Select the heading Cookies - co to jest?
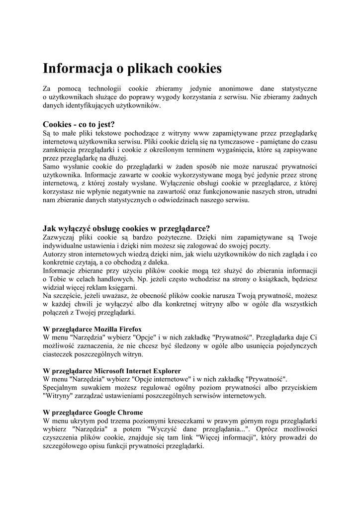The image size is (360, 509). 79,124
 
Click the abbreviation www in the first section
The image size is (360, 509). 203,133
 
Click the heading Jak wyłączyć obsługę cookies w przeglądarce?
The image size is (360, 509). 126,229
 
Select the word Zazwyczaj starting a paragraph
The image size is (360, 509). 59,237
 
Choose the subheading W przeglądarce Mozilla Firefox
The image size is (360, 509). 92,329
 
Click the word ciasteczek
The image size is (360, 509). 61,354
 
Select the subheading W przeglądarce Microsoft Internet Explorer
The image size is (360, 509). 112,371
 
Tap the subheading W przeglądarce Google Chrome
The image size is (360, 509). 93,413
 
